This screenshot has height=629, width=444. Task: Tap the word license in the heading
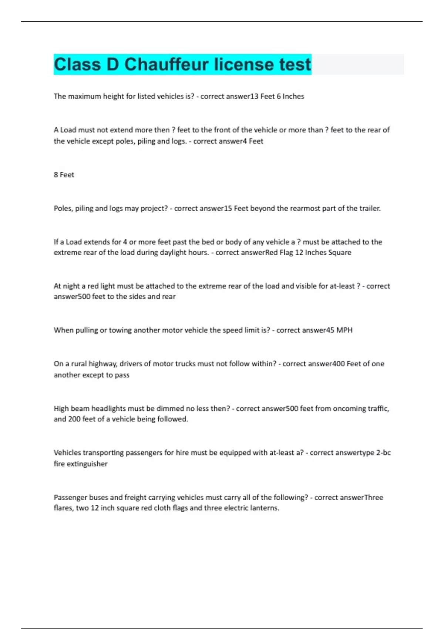[x=244, y=64]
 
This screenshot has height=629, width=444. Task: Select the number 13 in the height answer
[x=254, y=96]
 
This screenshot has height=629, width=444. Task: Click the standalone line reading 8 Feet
[x=64, y=175]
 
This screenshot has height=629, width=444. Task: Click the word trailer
[x=369, y=208]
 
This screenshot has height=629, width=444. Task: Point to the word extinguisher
[x=87, y=464]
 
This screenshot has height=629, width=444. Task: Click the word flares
[x=63, y=508]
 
